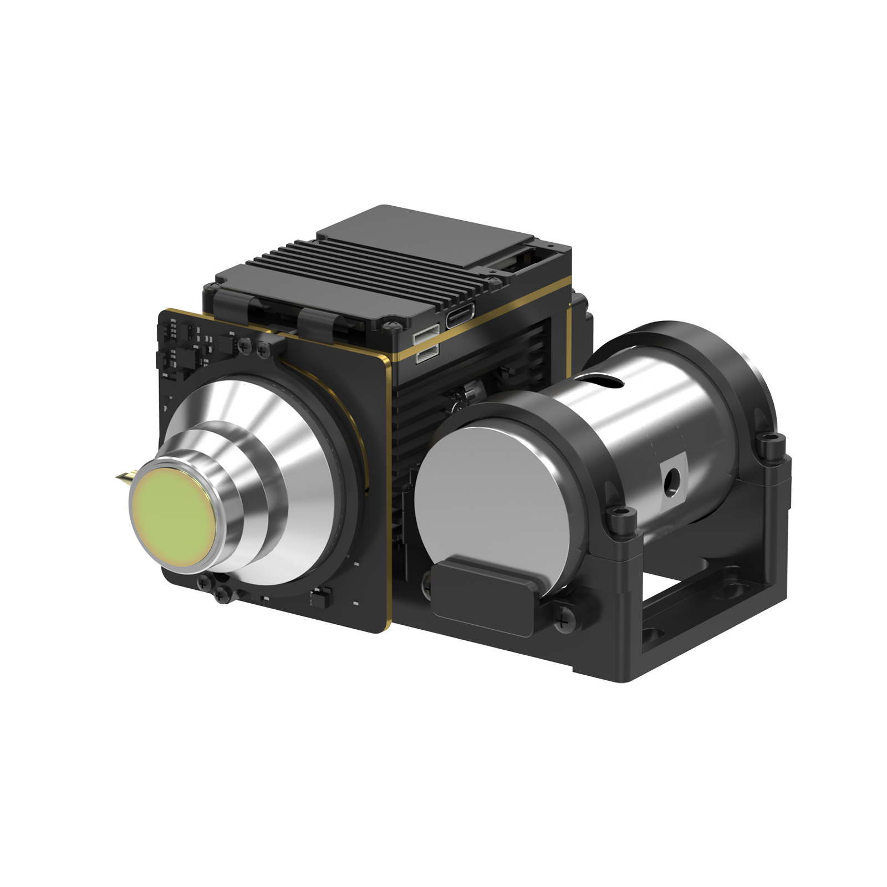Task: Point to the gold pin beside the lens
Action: (x=123, y=477)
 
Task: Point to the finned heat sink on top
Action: (x=355, y=283)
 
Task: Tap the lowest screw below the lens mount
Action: (x=222, y=596)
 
